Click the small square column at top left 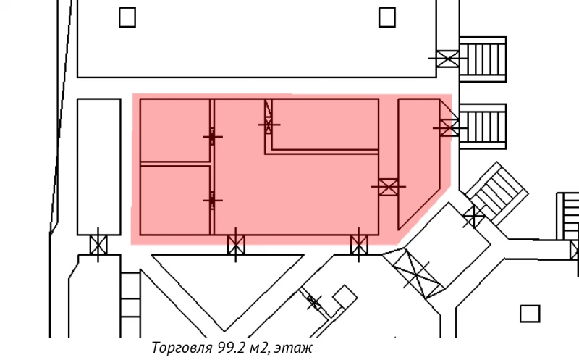click(127, 17)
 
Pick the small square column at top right click(387, 17)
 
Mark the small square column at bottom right click(530, 314)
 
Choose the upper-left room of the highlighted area click(174, 130)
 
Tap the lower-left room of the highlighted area click(174, 200)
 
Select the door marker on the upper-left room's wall click(212, 136)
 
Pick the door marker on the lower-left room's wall click(212, 199)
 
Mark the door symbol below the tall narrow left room click(98, 245)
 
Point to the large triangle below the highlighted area click(226, 282)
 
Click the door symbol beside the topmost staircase click(448, 58)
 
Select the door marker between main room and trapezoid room click(389, 187)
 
